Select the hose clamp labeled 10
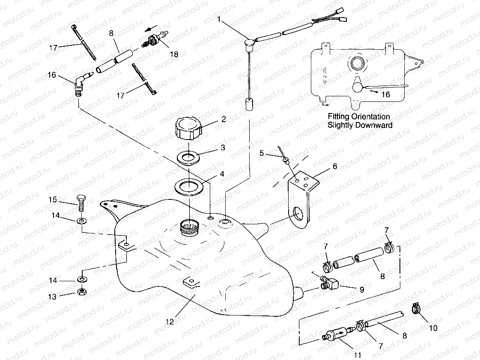tap(416, 308)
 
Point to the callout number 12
tap(170, 321)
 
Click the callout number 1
tap(219, 19)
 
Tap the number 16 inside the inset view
tap(385, 95)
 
